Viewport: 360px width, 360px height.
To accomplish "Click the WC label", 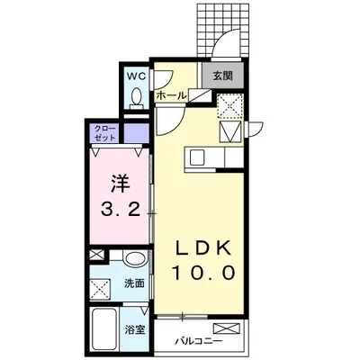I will [136, 75].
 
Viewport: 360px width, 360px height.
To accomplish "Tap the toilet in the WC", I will [136, 96].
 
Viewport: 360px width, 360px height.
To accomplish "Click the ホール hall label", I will [171, 94].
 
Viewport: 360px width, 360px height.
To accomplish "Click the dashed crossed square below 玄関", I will [230, 107].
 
